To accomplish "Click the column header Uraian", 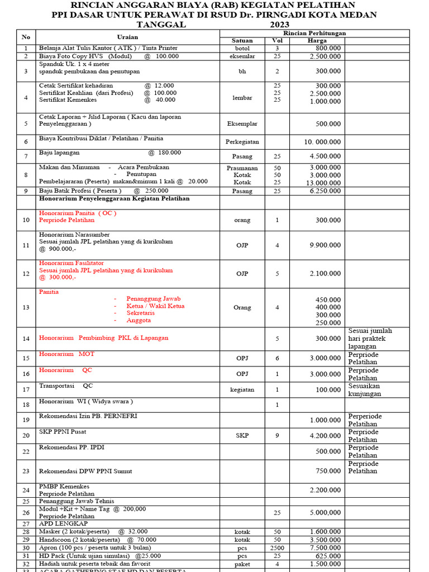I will [x=127, y=37].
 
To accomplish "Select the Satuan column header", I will [x=242, y=41].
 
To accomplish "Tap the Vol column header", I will [x=277, y=41].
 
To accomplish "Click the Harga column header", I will [x=317, y=41].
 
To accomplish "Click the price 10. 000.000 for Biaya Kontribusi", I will [x=322, y=142].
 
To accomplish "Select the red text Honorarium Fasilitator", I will [x=71, y=263].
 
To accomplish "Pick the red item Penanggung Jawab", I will [x=154, y=299].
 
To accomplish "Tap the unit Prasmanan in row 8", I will [x=242, y=168].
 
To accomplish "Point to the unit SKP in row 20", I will [x=242, y=436].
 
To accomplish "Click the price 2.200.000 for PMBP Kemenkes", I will [x=326, y=490].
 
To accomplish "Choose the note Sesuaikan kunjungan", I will [x=365, y=390].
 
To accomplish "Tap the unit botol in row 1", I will [x=242, y=49].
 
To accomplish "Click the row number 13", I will [x=26, y=308].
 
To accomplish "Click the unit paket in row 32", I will [x=242, y=564].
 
